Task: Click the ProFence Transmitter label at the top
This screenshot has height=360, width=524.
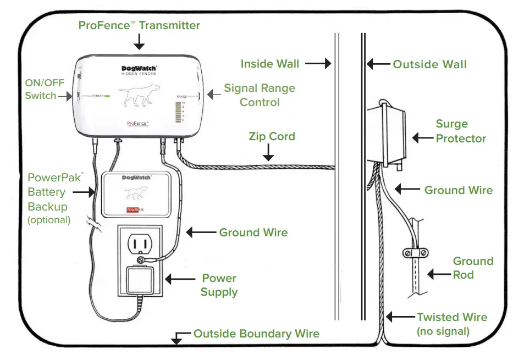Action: click(x=139, y=25)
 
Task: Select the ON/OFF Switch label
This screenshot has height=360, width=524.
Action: click(x=40, y=89)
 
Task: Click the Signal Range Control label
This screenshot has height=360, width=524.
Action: click(x=259, y=95)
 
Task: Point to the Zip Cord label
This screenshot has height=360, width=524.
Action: click(x=272, y=136)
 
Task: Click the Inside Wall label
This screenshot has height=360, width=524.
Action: click(x=270, y=64)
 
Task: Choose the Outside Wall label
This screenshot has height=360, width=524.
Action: click(x=429, y=64)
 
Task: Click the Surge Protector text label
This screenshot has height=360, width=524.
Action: click(x=461, y=131)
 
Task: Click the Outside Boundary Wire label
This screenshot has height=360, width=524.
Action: click(x=256, y=334)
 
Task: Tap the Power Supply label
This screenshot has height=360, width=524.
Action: click(x=218, y=285)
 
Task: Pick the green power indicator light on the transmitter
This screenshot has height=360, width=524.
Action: click(x=107, y=96)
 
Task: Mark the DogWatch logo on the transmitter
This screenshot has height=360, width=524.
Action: click(x=139, y=70)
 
